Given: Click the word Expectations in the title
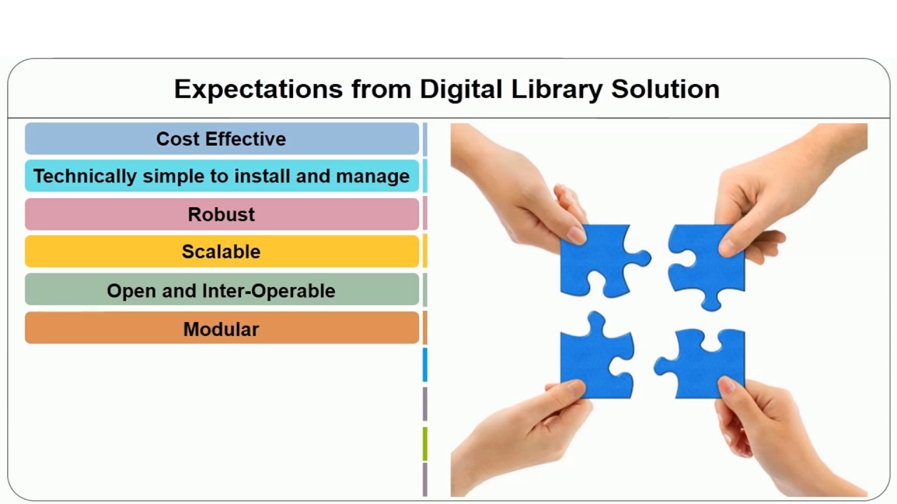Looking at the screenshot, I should click(x=257, y=90).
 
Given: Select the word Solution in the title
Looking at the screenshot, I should click(x=665, y=90).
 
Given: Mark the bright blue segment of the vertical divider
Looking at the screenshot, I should click(x=425, y=365).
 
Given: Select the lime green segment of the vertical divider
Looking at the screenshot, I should click(x=425, y=444).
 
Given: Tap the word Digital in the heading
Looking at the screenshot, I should click(x=461, y=90).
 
